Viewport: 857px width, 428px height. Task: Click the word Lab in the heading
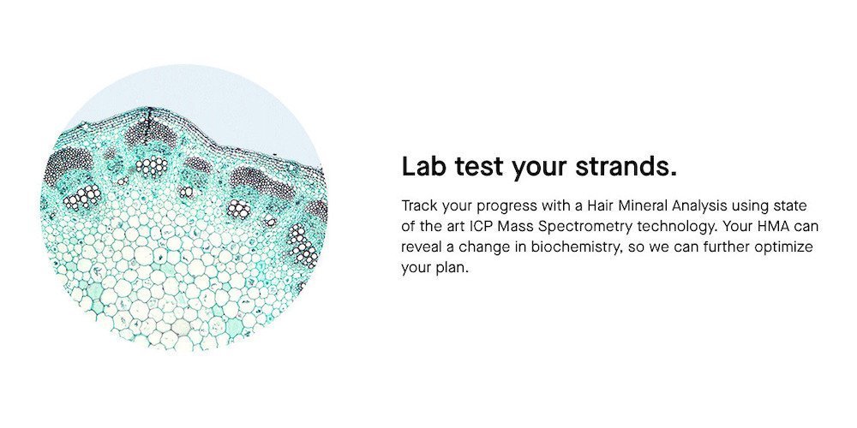click(423, 167)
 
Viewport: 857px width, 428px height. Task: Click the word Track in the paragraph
click(419, 206)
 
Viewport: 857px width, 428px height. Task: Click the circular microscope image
click(184, 207)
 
